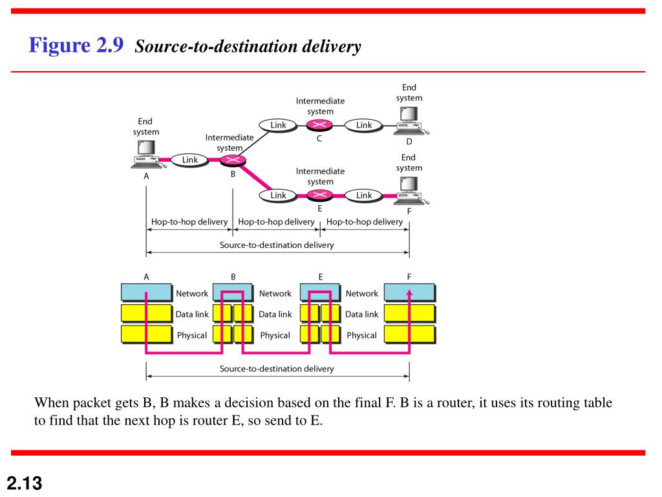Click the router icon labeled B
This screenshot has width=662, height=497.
pyautogui.click(x=232, y=160)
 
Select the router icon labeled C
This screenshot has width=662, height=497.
pyautogui.click(x=319, y=126)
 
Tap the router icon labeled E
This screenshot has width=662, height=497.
pyautogui.click(x=319, y=195)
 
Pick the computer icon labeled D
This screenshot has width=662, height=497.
pyautogui.click(x=409, y=120)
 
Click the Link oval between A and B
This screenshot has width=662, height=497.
pyautogui.click(x=190, y=160)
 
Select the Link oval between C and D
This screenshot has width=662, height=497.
pyautogui.click(x=364, y=126)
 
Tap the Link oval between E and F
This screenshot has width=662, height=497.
pyautogui.click(x=364, y=195)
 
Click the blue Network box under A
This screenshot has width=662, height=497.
pyautogui.click(x=147, y=293)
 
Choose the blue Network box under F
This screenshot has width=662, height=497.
pyautogui.click(x=409, y=293)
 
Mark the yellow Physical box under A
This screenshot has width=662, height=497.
pyautogui.click(x=147, y=335)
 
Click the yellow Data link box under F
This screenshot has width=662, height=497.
pyautogui.click(x=409, y=314)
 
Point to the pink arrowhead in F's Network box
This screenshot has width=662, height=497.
pyautogui.click(x=409, y=293)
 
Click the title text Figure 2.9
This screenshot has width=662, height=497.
pyautogui.click(x=76, y=46)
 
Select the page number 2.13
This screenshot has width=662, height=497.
pyautogui.click(x=24, y=482)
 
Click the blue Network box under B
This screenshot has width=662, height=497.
pyautogui.click(x=233, y=293)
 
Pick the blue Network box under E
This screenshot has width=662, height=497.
pyautogui.click(x=320, y=293)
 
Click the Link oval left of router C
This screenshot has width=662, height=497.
pyautogui.click(x=278, y=126)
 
